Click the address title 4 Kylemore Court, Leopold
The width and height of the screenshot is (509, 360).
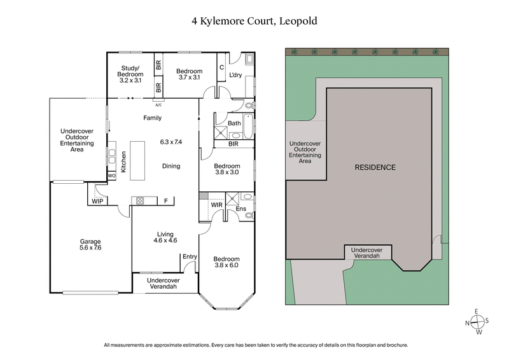coord(254,20)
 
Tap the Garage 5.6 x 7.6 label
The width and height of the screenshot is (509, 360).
coord(90,245)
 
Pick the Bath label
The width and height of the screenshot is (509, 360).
coord(234,123)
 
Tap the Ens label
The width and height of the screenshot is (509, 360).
coord(241,208)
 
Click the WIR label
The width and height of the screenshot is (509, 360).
coord(216,204)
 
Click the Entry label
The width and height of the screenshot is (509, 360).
coord(190,256)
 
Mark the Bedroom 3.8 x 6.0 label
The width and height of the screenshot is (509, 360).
coord(227,263)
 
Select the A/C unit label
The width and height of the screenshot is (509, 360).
coord(158,105)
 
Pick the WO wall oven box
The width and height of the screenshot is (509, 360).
coord(111,175)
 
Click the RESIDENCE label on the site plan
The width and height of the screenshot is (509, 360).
coord(375,168)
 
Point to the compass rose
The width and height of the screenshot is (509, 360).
coord(476,322)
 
